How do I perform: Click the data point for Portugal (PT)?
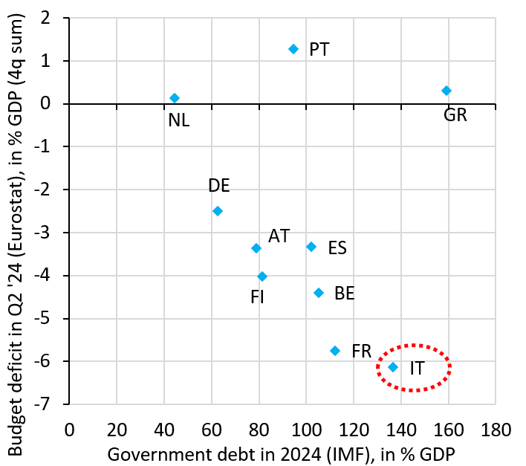[x=293, y=49]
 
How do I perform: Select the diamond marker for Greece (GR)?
[x=447, y=91]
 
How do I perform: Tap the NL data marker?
[x=175, y=98]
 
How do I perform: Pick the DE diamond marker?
[x=218, y=211]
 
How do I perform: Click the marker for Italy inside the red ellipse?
[x=393, y=367]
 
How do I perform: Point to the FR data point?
[x=335, y=351]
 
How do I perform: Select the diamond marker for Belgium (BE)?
[x=319, y=293]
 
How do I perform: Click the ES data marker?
[x=311, y=247]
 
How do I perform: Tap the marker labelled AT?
[x=256, y=248]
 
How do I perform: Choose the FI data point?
[x=262, y=276]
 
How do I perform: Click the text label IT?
[x=417, y=367]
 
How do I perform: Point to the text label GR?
[x=455, y=114]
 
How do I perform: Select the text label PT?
[x=319, y=50]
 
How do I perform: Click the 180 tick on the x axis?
[x=496, y=430]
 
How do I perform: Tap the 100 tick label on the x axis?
[x=306, y=430]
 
